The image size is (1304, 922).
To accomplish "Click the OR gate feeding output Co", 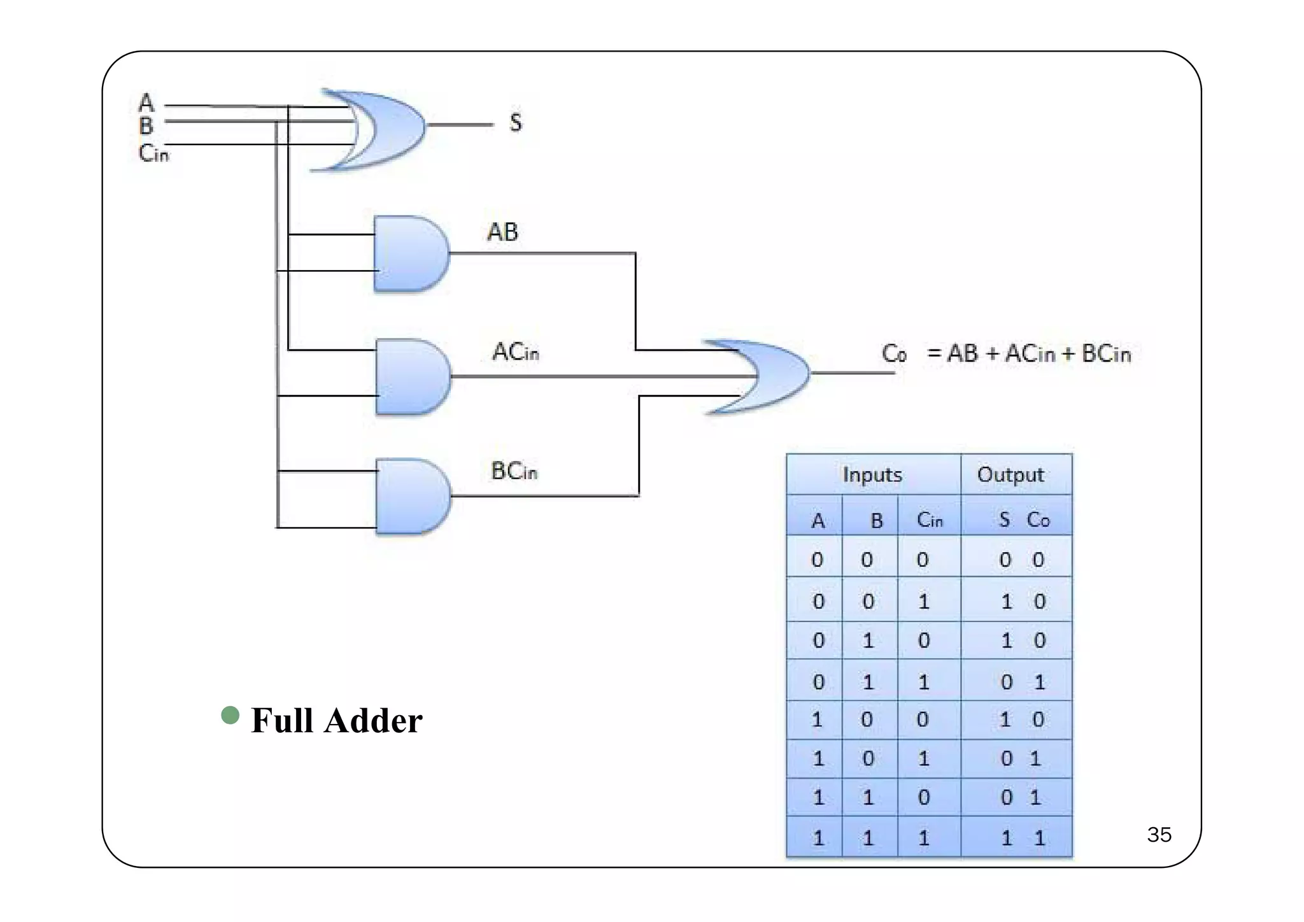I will point(764,376).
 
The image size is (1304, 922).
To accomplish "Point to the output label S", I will point(516,122).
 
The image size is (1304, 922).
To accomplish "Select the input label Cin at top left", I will point(153,153).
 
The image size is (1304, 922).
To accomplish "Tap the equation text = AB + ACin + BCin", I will point(1029,353).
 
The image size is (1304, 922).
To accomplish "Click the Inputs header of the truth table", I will point(872,475).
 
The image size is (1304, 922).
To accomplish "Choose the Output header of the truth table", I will point(1010,475).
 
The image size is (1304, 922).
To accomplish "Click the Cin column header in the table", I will point(929,520).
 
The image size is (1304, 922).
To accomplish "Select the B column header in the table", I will point(877,521).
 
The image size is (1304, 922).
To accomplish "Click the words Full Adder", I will point(336,721).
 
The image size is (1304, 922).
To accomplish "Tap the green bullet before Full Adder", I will point(230,715).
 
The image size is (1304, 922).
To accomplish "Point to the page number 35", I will point(1159,835).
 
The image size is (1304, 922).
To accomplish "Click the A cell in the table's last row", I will point(818,838).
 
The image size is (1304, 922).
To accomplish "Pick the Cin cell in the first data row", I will point(923,560).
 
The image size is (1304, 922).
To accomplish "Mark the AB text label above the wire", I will point(502,232).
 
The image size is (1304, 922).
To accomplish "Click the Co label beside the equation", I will point(894,353).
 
